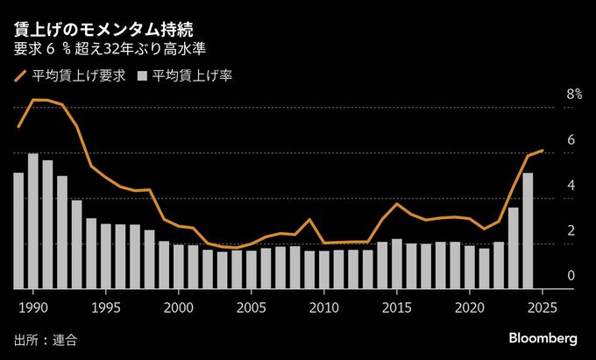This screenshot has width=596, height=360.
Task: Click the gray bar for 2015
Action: (397, 264)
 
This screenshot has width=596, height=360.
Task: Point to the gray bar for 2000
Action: (179, 266)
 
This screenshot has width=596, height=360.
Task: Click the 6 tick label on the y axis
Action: (547, 140)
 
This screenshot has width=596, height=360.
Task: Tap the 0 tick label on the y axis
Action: (547, 276)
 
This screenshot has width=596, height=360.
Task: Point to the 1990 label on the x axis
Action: (33, 307)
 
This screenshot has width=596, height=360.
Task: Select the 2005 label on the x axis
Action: (252, 307)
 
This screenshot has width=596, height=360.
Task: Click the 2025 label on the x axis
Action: (543, 307)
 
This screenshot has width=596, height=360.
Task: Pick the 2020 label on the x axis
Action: (470, 307)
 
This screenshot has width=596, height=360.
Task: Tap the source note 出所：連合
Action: (46, 339)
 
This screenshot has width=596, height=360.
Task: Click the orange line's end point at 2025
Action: (543, 151)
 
